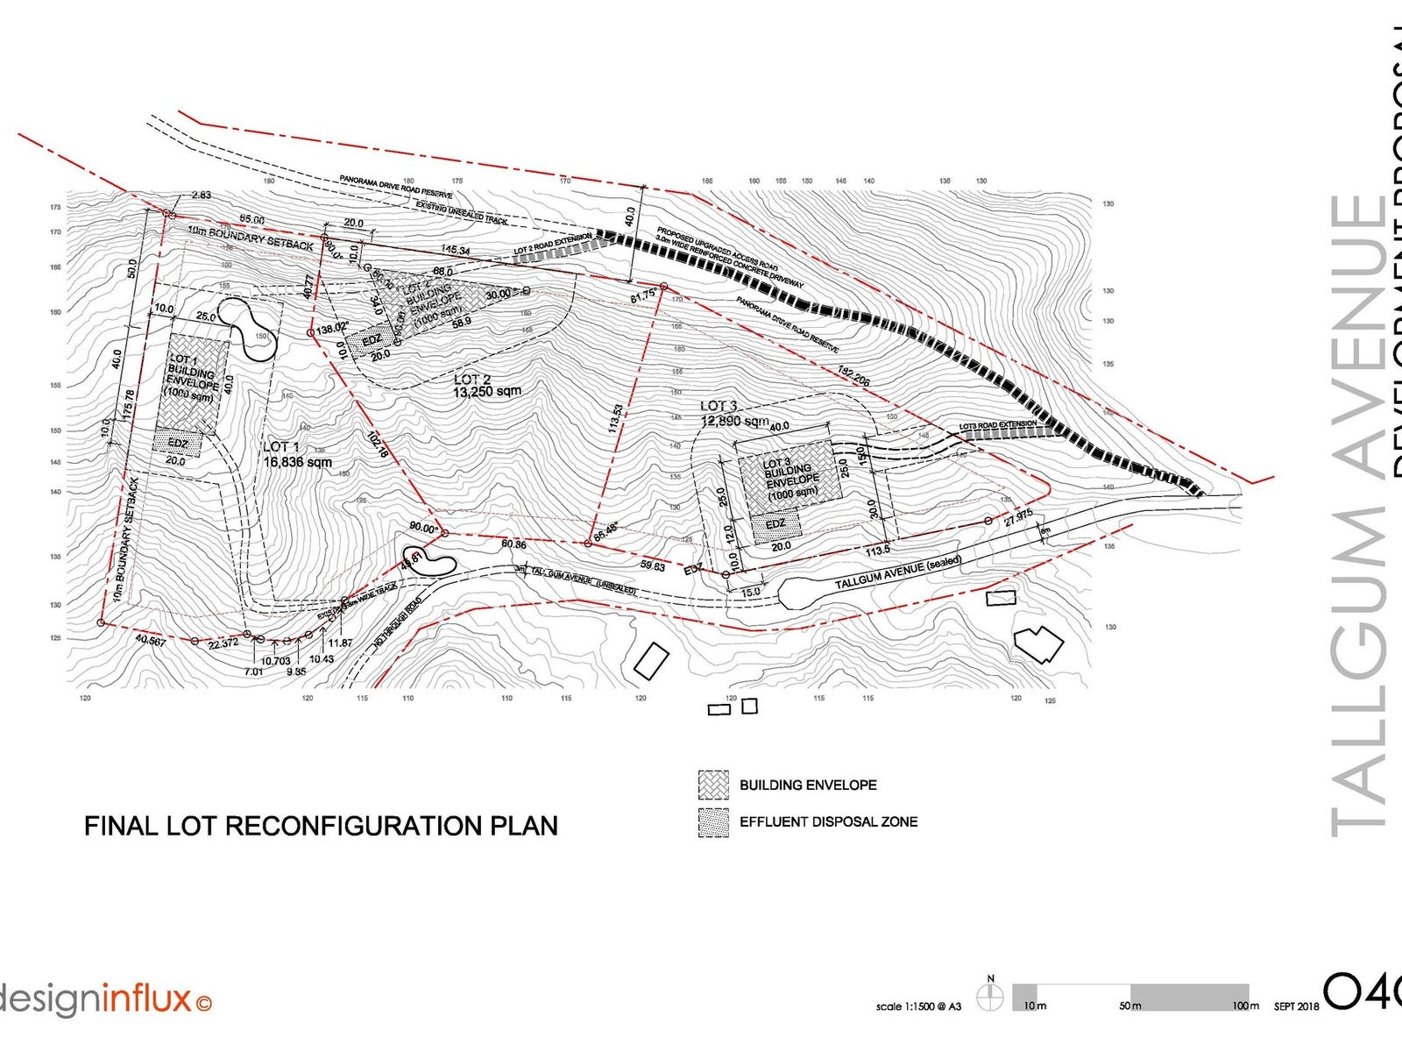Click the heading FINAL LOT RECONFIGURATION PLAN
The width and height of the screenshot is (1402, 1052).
click(321, 826)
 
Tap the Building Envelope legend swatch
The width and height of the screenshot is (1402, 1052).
click(713, 785)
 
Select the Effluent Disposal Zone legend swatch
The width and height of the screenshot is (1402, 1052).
click(713, 822)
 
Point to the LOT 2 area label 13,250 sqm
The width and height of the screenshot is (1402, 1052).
click(487, 392)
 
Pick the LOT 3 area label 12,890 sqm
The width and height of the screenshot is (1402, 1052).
click(734, 421)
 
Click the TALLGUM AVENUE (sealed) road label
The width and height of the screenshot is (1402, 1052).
click(897, 572)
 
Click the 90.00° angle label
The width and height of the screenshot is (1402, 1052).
click(423, 528)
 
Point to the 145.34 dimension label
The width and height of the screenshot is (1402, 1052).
click(456, 251)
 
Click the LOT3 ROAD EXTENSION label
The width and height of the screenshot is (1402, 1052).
click(997, 426)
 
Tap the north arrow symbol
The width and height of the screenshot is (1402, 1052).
click(991, 997)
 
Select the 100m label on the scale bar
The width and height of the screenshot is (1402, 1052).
click(1245, 1006)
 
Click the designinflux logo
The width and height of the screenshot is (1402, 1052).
click(105, 999)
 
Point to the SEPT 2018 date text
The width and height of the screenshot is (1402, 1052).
click(1296, 1006)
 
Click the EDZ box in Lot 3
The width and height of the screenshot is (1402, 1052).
click(775, 525)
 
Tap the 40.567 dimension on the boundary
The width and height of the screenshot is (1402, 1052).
click(151, 641)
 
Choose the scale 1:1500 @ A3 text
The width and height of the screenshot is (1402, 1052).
click(918, 1006)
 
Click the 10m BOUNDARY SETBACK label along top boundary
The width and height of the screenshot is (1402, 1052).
click(251, 238)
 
